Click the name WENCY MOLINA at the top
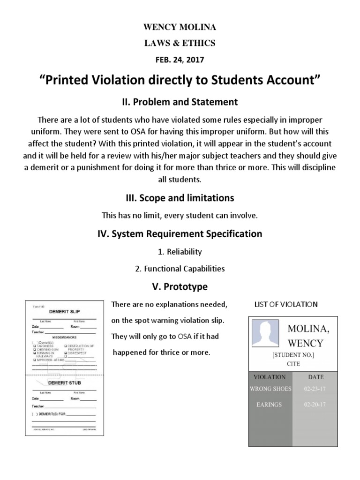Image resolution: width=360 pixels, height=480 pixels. (x=180, y=28)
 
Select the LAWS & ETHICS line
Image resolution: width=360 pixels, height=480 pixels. (x=180, y=43)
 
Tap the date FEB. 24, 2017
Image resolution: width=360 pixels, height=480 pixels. (x=180, y=60)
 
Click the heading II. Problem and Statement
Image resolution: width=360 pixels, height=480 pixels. (x=180, y=102)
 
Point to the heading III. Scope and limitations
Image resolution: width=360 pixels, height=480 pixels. (x=180, y=198)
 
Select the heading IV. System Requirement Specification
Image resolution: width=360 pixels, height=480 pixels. (x=180, y=233)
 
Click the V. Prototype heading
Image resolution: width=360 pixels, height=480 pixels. (x=180, y=286)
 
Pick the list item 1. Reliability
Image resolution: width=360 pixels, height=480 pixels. (x=180, y=252)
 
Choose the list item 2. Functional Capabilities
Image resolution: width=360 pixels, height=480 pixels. (x=180, y=269)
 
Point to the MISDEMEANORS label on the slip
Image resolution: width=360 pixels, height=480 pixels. (x=64, y=337)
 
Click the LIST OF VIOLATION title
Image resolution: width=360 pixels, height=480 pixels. (x=286, y=305)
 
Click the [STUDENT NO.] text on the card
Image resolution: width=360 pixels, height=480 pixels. (x=293, y=355)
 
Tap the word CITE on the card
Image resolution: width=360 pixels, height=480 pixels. (x=293, y=363)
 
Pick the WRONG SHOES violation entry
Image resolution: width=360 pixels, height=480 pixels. (x=270, y=389)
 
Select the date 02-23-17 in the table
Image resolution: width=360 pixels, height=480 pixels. (x=315, y=389)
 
